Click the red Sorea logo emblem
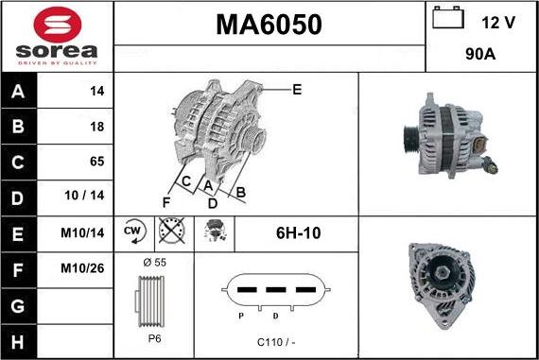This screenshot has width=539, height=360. pyautogui.click(x=58, y=26)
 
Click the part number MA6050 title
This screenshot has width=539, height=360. pyautogui.click(x=269, y=25)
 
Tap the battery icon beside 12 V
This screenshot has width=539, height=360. pyautogui.click(x=448, y=18)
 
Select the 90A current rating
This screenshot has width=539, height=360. pyautogui.click(x=480, y=54)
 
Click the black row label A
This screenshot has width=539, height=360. pyautogui.click(x=18, y=92)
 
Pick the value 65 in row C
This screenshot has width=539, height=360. pyautogui.click(x=97, y=162)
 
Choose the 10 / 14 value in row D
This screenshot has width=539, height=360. pyautogui.click(x=84, y=196)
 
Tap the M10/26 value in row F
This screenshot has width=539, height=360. pyautogui.click(x=82, y=268)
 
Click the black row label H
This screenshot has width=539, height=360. pyautogui.click(x=18, y=342)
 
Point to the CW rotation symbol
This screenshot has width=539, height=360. pyautogui.click(x=134, y=231)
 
